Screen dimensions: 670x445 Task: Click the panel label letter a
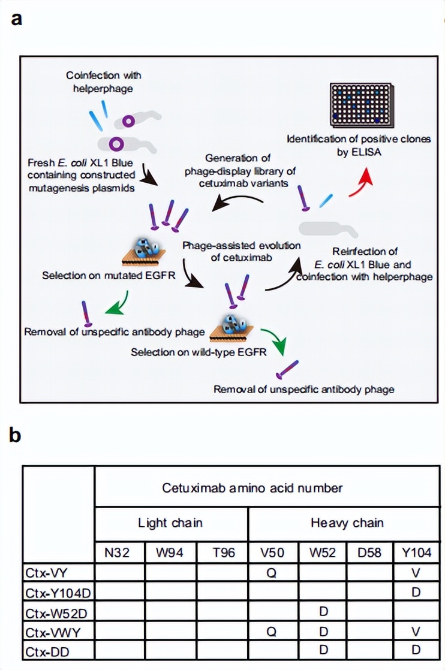(x=17, y=19)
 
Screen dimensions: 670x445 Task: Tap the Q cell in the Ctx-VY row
(x=273, y=572)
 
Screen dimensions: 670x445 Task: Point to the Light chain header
(x=170, y=523)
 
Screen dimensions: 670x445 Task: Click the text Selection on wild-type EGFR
(x=199, y=352)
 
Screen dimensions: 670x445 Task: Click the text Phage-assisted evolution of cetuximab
(x=242, y=251)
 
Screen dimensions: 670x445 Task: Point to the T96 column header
(x=222, y=552)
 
